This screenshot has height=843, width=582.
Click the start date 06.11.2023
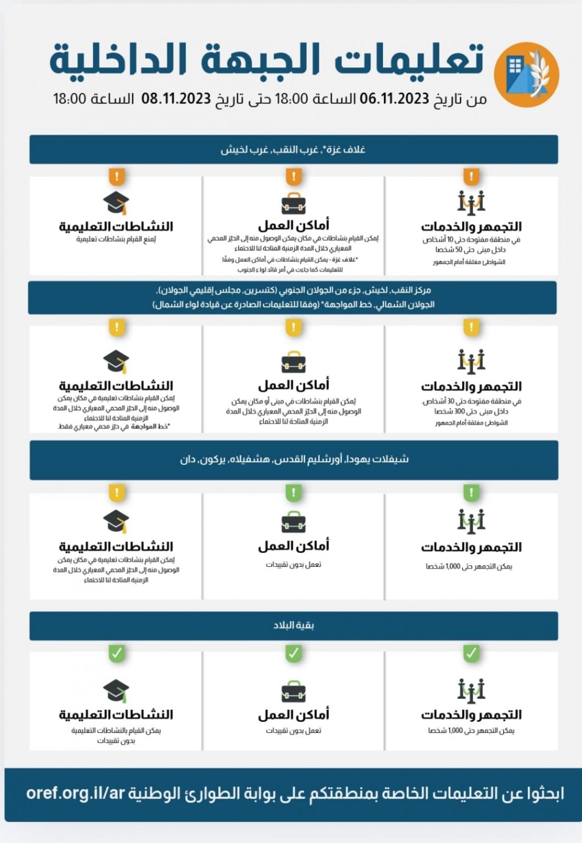(x=394, y=99)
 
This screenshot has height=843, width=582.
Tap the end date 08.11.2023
(x=176, y=99)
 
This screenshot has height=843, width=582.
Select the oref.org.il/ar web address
(x=76, y=793)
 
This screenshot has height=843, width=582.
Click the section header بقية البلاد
(x=293, y=626)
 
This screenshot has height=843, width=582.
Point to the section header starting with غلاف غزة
(x=293, y=149)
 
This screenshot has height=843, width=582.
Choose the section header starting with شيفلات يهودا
(x=293, y=459)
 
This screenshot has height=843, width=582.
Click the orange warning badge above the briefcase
(x=293, y=177)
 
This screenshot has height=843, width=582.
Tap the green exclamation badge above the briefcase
(x=293, y=492)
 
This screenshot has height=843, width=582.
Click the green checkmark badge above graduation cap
(x=116, y=653)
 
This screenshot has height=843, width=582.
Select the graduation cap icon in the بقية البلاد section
(x=116, y=691)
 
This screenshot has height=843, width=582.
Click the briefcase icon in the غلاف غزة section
(x=293, y=204)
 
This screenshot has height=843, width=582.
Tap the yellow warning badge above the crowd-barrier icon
(x=471, y=328)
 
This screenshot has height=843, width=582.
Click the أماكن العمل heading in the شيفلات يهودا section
(x=293, y=546)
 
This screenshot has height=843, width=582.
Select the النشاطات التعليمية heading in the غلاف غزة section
(x=116, y=226)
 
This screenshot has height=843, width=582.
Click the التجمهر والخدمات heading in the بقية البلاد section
(x=471, y=715)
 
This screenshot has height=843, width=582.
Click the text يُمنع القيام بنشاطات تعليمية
(x=116, y=239)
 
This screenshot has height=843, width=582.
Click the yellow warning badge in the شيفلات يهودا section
(x=116, y=492)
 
